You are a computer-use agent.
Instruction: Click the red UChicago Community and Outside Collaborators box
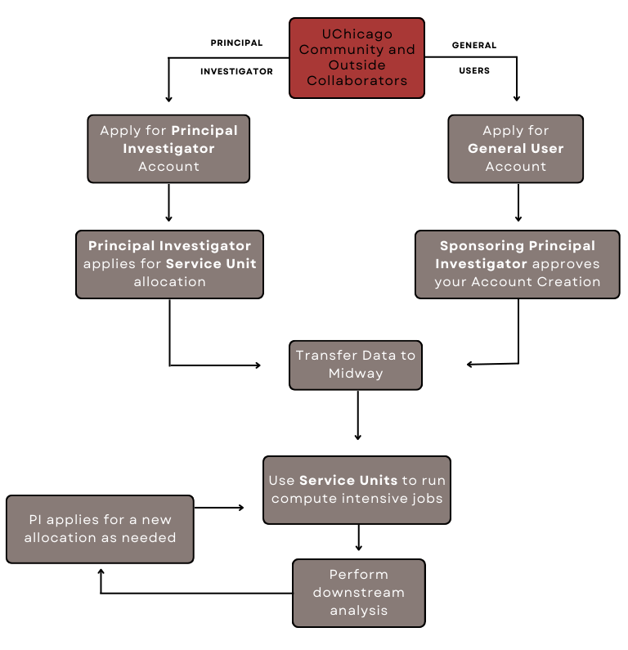click(x=357, y=57)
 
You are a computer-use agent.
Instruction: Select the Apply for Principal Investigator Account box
click(x=168, y=148)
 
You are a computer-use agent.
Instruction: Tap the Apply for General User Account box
click(x=515, y=148)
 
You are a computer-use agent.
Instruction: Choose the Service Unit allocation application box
click(x=169, y=263)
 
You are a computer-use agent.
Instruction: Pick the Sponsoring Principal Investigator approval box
click(x=517, y=263)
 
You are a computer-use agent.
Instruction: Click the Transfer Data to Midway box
click(x=356, y=365)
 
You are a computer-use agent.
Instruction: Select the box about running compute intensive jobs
click(x=357, y=489)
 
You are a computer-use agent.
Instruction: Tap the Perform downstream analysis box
click(x=358, y=593)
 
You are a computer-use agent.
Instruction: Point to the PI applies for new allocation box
click(x=100, y=529)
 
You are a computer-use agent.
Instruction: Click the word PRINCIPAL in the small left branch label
click(x=236, y=43)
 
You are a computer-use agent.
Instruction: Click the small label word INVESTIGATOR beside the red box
click(x=236, y=71)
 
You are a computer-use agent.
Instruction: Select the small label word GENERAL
click(x=474, y=45)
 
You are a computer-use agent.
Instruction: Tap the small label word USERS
click(x=474, y=71)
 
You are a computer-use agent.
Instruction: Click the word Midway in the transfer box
click(x=356, y=374)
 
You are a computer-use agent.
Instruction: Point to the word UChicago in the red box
click(x=357, y=34)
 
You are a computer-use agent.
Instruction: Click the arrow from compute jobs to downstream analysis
click(x=359, y=537)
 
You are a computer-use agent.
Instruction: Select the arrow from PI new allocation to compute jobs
click(x=219, y=508)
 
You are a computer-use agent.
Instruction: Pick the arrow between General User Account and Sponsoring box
click(x=518, y=202)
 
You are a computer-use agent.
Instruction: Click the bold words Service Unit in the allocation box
click(x=211, y=263)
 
